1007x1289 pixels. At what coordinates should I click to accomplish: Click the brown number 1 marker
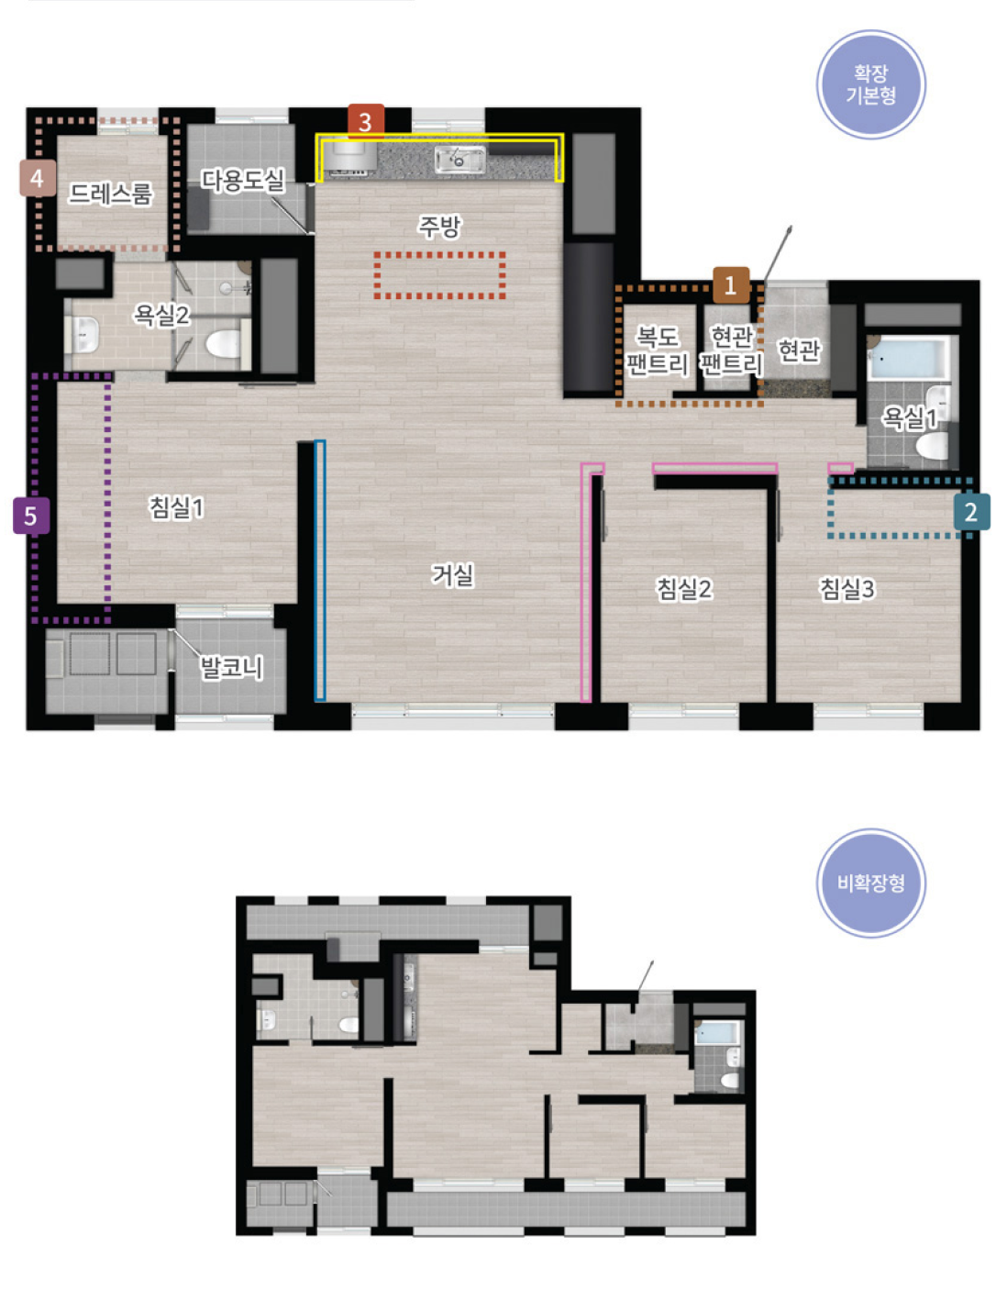pyautogui.click(x=730, y=285)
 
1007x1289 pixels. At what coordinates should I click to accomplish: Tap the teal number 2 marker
pyautogui.click(x=971, y=512)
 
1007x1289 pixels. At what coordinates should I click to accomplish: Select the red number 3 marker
pyautogui.click(x=366, y=122)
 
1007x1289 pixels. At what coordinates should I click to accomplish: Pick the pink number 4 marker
pyautogui.click(x=38, y=178)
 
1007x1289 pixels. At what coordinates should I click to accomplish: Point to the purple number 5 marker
pyautogui.click(x=31, y=517)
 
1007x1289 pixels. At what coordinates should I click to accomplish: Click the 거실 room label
pyautogui.click(x=453, y=574)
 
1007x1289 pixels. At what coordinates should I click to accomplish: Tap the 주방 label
pyautogui.click(x=439, y=226)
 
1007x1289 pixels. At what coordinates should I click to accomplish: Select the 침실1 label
pyautogui.click(x=177, y=507)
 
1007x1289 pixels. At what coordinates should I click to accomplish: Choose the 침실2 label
pyautogui.click(x=684, y=588)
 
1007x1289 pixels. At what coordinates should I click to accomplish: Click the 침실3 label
pyautogui.click(x=847, y=588)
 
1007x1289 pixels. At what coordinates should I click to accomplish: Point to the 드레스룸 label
pyautogui.click(x=110, y=194)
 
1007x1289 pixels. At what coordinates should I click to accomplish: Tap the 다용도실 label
pyautogui.click(x=243, y=180)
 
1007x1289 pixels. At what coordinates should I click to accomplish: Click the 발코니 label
pyautogui.click(x=231, y=667)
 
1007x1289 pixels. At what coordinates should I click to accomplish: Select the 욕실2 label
pyautogui.click(x=161, y=315)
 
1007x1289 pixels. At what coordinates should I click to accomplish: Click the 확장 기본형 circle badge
pyautogui.click(x=870, y=84)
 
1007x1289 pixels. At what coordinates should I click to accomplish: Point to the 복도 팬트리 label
pyautogui.click(x=658, y=350)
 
